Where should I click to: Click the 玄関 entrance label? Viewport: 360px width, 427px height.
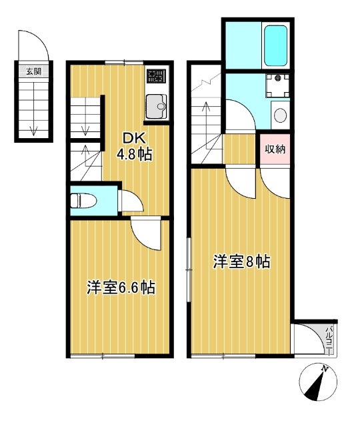coord(31,70)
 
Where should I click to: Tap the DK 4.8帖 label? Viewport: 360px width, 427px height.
coord(135,147)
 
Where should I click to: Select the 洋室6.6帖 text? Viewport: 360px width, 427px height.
coord(121,288)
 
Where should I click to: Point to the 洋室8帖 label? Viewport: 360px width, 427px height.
coord(241,262)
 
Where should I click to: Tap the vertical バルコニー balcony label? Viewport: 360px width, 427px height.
coord(329,339)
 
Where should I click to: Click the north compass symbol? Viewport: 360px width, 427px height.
coord(318,384)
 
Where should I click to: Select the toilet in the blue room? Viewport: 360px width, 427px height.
coord(83,199)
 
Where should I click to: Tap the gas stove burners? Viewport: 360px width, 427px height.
coord(156,75)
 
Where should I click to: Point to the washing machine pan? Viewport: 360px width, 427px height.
coord(277,84)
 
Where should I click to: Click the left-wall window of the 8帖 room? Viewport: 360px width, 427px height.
coord(189,264)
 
